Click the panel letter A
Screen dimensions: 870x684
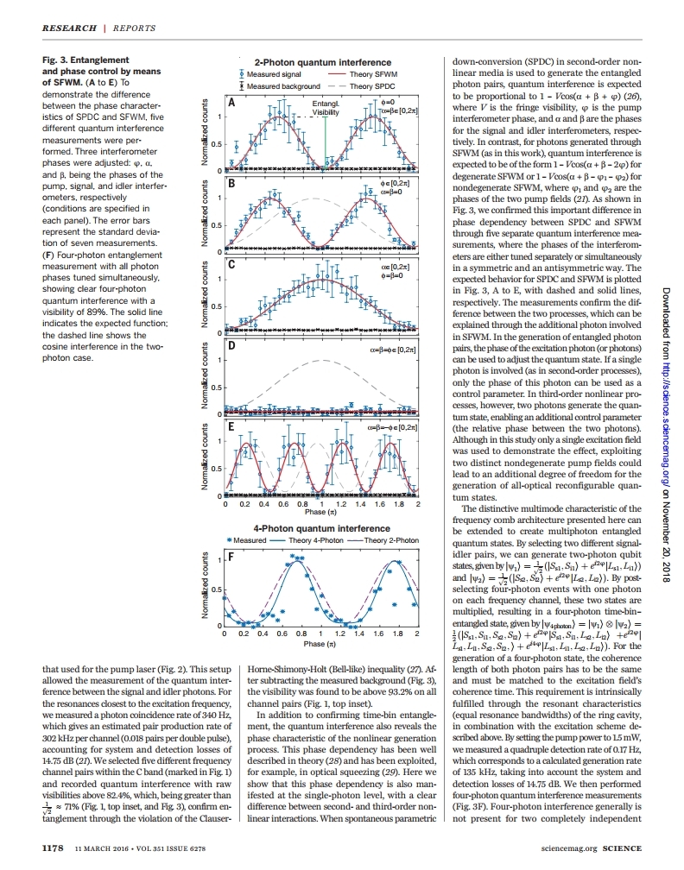coord(231,101)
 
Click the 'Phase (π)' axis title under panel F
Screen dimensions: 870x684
coord(320,645)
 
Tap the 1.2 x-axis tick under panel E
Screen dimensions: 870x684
coord(340,504)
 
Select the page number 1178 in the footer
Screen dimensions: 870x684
coord(54,848)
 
